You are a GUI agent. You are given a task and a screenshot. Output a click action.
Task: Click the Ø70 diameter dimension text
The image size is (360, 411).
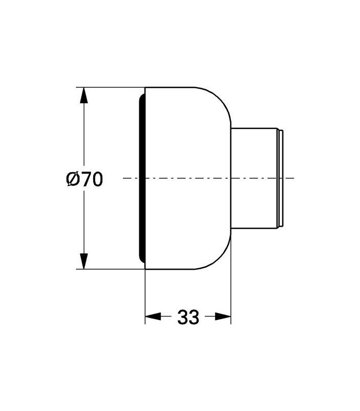click(84, 179)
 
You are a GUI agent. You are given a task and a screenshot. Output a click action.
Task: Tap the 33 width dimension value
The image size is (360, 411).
click(188, 317)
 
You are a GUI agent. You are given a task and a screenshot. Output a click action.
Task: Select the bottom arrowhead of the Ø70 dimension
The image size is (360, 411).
click(84, 261)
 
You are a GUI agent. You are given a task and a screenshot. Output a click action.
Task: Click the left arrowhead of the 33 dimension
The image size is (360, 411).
click(153, 316)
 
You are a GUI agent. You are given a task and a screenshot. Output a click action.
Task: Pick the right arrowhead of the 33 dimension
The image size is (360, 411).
click(223, 316)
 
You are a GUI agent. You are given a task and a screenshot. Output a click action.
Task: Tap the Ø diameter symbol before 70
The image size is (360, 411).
click(73, 179)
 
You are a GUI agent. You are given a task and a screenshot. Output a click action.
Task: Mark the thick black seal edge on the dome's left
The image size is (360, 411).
click(142, 178)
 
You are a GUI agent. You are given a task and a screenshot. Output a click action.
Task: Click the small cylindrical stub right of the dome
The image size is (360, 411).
click(254, 178)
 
